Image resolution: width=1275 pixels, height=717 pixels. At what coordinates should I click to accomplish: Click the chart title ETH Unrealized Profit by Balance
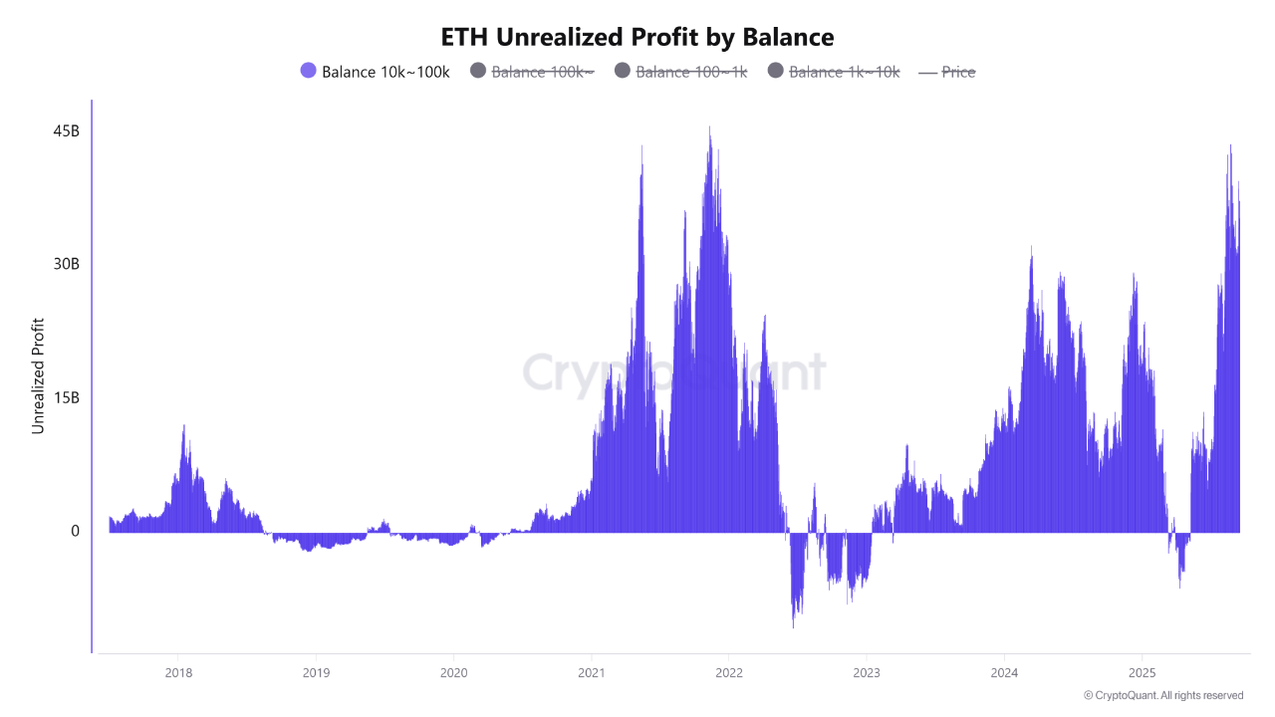click(637, 37)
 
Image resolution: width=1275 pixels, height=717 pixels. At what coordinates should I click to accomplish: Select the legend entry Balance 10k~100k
click(385, 72)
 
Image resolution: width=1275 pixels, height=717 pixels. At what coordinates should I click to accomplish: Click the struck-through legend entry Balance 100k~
click(542, 72)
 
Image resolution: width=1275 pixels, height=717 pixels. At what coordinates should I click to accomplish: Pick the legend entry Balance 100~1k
click(691, 72)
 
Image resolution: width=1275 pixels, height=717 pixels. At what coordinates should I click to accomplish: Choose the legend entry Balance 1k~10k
click(844, 72)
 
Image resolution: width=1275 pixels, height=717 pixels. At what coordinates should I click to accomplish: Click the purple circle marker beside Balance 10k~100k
click(308, 71)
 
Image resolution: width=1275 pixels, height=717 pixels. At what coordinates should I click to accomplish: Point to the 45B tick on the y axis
click(67, 131)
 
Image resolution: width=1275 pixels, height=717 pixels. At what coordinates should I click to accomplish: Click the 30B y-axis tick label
click(67, 264)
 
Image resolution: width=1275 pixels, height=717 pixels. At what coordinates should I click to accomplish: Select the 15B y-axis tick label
click(67, 397)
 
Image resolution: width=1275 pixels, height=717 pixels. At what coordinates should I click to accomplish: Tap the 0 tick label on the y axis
click(75, 531)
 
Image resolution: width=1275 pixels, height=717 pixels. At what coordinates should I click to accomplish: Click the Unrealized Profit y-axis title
click(39, 375)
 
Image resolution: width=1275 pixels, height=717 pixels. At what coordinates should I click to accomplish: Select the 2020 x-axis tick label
click(453, 672)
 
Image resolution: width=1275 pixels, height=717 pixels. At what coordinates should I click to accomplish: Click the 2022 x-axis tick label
click(728, 672)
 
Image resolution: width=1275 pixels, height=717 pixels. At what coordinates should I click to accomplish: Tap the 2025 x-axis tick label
click(1142, 672)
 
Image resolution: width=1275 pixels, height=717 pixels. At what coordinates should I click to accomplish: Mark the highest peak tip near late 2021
click(709, 127)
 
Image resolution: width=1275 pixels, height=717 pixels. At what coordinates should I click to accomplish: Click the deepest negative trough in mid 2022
click(793, 626)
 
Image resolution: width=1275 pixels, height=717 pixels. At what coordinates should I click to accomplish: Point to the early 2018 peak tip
click(183, 426)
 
